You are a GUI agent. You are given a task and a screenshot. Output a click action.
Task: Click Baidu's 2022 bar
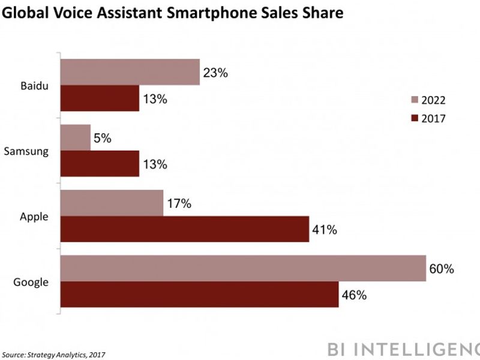pyautogui.click(x=130, y=72)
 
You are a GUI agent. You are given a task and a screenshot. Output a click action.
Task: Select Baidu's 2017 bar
pyautogui.click(x=100, y=98)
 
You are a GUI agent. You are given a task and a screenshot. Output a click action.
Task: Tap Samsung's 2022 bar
pyautogui.click(x=76, y=137)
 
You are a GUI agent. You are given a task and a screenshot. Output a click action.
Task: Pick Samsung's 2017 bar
pyautogui.click(x=100, y=164)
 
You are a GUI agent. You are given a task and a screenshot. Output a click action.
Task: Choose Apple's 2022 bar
pyautogui.click(x=112, y=203)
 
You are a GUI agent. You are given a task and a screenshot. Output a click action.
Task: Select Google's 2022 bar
pyautogui.click(x=243, y=268)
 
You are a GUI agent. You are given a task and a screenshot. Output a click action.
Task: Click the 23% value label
pyautogui.click(x=216, y=73)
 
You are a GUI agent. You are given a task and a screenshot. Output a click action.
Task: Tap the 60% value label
pyautogui.click(x=442, y=268)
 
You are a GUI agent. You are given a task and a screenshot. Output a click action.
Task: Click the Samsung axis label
pyautogui.click(x=26, y=151)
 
